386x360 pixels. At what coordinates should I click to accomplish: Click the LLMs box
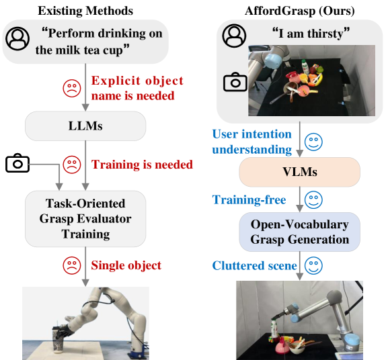(x=85, y=125)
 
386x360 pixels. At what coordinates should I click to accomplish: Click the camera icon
(x=235, y=82)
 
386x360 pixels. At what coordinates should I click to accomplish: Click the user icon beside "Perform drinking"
(x=17, y=39)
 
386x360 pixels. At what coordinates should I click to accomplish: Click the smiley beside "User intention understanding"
(x=312, y=142)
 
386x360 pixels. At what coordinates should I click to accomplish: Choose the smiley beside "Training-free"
(x=312, y=200)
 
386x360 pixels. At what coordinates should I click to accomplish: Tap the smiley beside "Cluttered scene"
(x=312, y=265)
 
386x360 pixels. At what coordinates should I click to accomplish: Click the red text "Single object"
(x=126, y=265)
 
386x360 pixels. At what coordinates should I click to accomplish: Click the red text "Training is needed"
(x=142, y=165)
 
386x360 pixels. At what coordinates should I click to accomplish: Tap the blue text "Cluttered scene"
(x=254, y=266)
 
